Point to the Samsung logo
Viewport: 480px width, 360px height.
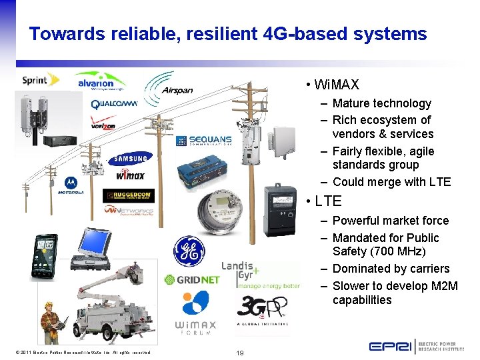point(130,159)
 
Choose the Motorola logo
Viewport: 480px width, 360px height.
point(70,186)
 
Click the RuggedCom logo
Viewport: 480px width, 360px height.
point(128,196)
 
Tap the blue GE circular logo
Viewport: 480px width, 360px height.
point(189,251)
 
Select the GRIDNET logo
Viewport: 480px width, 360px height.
point(192,280)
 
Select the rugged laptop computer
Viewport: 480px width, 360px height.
point(89,248)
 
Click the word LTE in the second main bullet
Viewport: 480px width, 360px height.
point(327,201)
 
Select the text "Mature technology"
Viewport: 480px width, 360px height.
point(381,103)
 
